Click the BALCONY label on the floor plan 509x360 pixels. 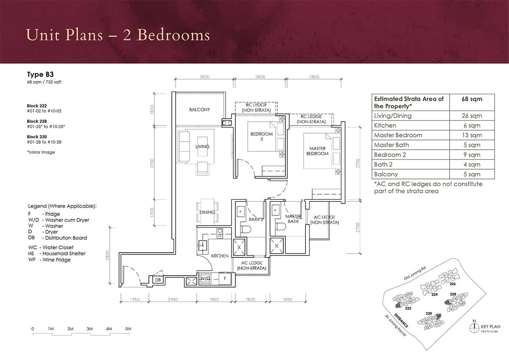199,109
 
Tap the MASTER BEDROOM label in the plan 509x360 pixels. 317,151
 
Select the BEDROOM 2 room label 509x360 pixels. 262,136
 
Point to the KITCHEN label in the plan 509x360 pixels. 220,256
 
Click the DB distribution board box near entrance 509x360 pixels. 157,280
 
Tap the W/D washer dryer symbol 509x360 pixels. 206,278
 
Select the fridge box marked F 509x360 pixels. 225,279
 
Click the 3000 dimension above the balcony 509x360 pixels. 204,77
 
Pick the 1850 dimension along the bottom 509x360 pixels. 287,299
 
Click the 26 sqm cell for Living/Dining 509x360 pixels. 472,116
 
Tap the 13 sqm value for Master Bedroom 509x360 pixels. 472,135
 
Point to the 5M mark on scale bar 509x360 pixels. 128,329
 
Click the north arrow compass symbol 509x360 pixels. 474,327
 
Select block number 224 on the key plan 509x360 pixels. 434,294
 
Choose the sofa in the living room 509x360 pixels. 184,146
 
